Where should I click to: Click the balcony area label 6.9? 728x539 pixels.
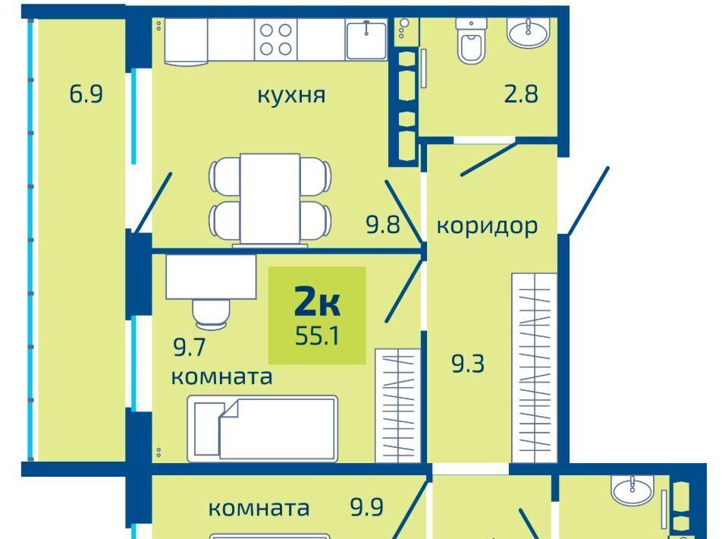point(86,94)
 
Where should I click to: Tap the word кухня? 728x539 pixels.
point(291,95)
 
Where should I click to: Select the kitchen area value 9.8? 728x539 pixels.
point(382,225)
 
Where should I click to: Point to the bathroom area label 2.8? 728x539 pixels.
point(521,94)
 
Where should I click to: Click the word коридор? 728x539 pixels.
point(487,225)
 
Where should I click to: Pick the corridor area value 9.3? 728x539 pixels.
point(468,364)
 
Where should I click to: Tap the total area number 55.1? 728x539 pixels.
point(317,336)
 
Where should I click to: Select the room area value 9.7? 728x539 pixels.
point(189,347)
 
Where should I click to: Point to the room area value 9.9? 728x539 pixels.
point(367,507)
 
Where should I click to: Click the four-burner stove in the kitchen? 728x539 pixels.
point(276,39)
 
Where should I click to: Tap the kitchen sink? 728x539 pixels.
point(366,39)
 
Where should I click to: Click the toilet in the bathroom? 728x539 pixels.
point(471,40)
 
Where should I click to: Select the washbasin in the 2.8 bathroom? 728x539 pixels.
point(529,33)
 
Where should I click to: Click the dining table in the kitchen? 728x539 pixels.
point(270,199)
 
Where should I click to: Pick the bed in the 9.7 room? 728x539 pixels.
point(262,428)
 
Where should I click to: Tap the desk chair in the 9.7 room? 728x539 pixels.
point(212,314)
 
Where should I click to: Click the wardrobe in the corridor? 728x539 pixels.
point(534,367)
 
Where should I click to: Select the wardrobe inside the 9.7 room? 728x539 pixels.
point(397,405)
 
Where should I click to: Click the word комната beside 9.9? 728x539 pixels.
point(259,509)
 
